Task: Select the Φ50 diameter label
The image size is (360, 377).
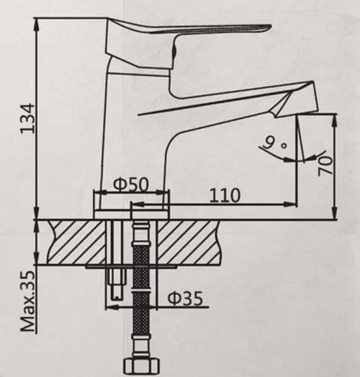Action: pyautogui.click(x=131, y=184)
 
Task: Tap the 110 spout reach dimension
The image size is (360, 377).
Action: pyautogui.click(x=224, y=195)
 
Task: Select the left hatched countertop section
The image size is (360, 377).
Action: pyautogui.click(x=76, y=241)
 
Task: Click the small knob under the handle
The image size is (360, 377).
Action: pyautogui.click(x=175, y=53)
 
